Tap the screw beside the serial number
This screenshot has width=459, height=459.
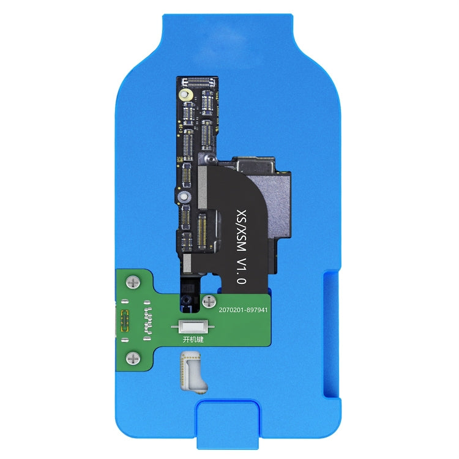coord(209,301)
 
